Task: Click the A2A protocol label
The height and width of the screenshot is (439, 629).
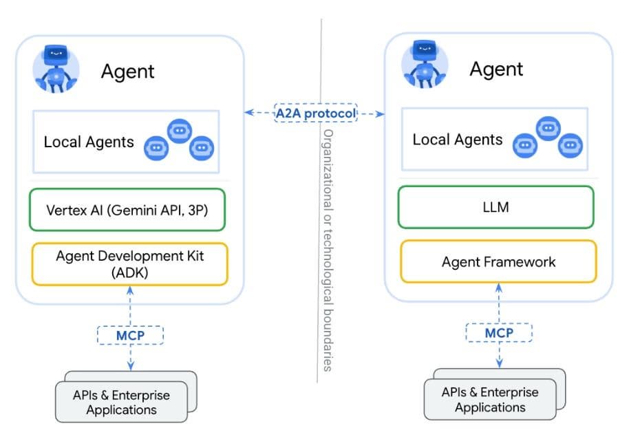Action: (316, 112)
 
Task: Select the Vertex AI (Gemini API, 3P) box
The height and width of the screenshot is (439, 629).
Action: (129, 209)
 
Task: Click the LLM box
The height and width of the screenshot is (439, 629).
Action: (497, 206)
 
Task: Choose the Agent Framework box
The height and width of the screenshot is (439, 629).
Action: (498, 261)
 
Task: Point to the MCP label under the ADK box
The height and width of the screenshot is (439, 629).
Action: (130, 335)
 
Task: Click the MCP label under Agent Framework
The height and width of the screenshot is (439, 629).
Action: (499, 332)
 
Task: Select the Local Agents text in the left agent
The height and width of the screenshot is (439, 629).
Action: (89, 142)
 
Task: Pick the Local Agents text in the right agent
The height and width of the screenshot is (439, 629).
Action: (458, 140)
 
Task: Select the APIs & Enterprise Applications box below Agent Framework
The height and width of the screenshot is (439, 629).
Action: (490, 399)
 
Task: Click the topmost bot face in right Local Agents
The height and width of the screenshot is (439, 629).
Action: (548, 128)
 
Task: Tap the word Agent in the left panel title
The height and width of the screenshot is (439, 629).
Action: (128, 71)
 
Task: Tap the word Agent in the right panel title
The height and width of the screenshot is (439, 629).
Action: (496, 69)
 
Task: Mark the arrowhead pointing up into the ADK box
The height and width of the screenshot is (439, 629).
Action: (130, 290)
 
